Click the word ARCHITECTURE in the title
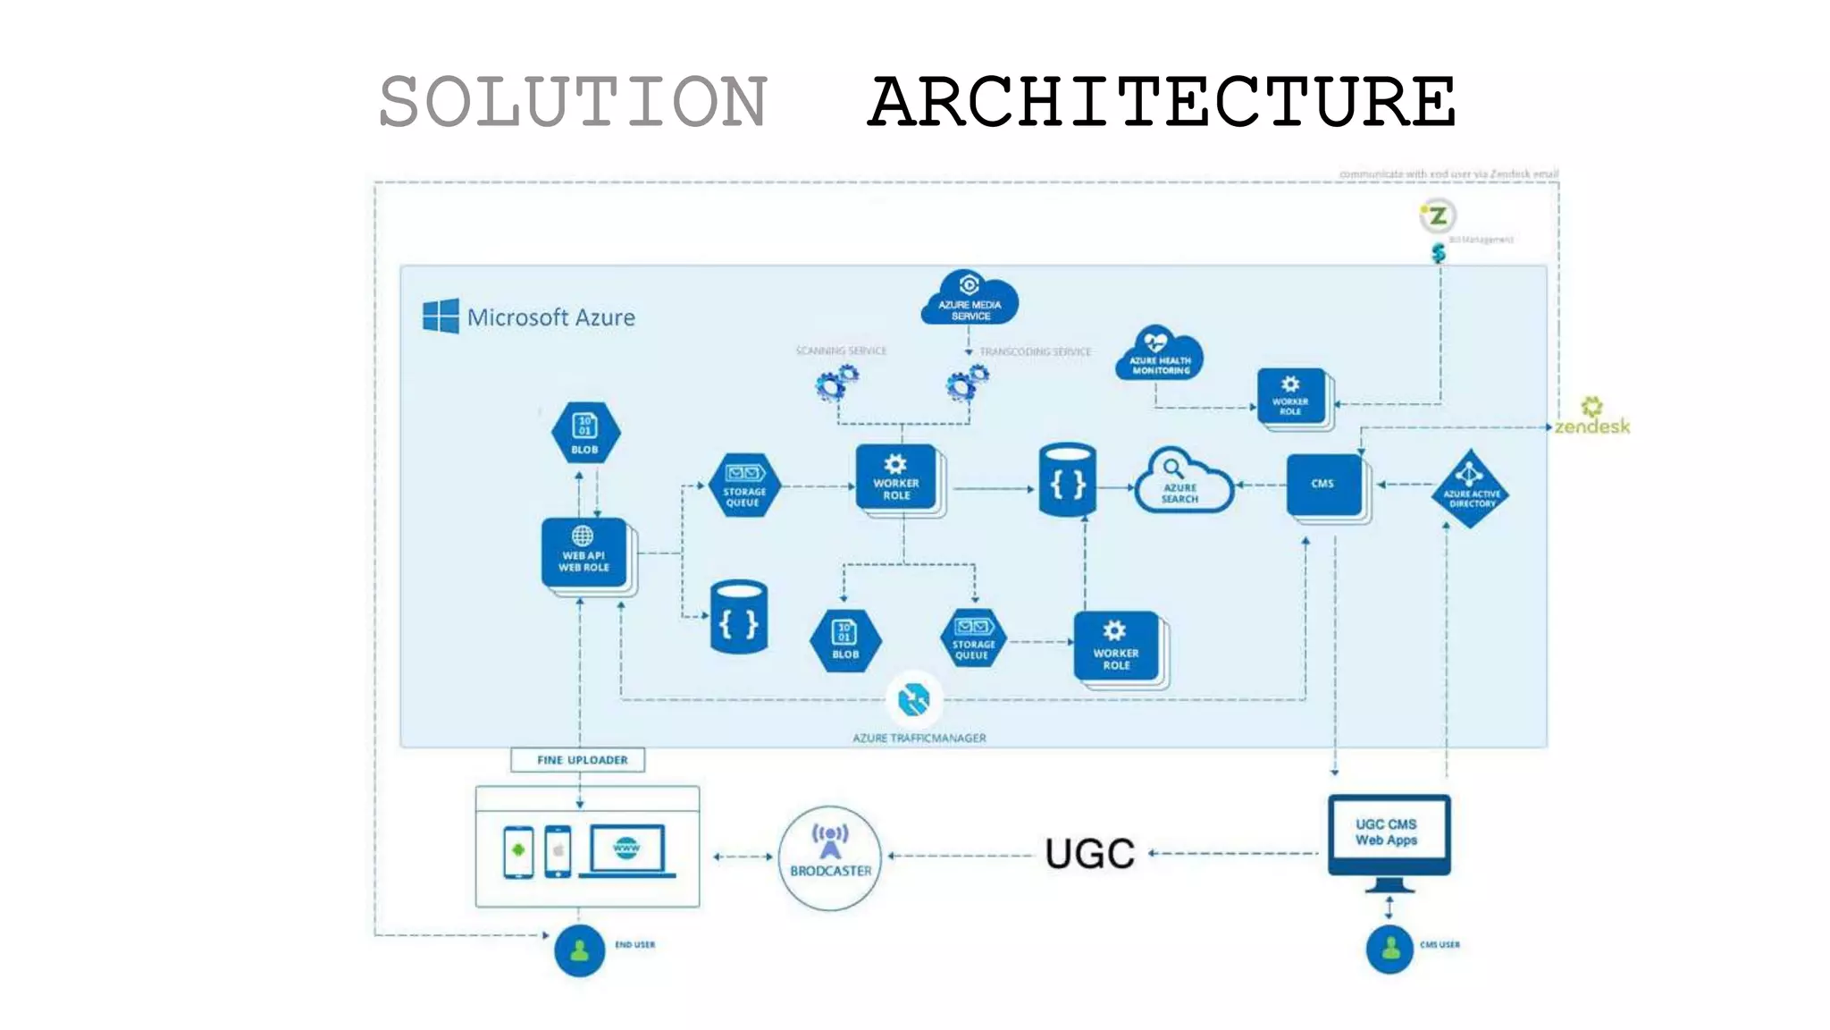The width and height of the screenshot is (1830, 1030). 1162,102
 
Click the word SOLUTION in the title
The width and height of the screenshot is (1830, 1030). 573,102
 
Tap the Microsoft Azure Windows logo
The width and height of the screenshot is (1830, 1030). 441,316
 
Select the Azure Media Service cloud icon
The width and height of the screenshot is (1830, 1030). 970,299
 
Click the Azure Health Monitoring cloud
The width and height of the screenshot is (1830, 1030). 1159,354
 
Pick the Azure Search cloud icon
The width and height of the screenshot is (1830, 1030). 1181,483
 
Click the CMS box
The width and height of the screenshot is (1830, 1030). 1324,485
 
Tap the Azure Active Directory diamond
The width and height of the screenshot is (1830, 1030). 1470,489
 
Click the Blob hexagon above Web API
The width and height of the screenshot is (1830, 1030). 585,433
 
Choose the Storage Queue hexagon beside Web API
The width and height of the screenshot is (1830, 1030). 743,485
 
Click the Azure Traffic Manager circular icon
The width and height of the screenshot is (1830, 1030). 913,699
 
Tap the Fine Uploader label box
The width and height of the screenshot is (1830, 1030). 578,760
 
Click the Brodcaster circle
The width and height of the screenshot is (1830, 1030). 830,857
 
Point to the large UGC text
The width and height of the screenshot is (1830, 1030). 1089,854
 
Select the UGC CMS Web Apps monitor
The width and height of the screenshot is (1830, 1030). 1388,835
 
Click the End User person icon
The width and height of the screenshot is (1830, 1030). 579,950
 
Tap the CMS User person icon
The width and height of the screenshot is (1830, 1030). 1389,949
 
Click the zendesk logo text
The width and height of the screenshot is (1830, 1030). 1592,426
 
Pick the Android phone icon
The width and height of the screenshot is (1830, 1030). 518,851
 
